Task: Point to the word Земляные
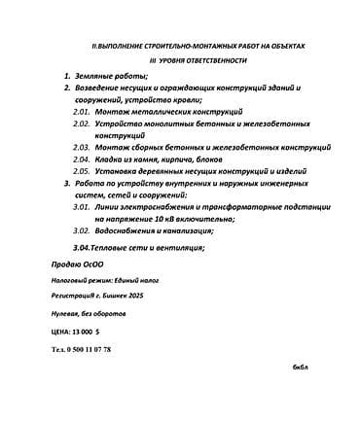pyautogui.click(x=99, y=75)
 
